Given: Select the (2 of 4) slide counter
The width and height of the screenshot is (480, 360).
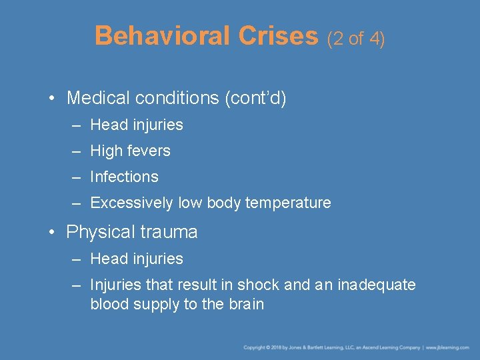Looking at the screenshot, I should (356, 39).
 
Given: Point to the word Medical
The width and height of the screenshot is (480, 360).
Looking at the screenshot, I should (99, 99).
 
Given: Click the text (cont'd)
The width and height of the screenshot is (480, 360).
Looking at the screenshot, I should (255, 99).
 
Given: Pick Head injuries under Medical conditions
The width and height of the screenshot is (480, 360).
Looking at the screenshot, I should (137, 125).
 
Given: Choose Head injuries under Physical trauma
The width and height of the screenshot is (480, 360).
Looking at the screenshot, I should (137, 259).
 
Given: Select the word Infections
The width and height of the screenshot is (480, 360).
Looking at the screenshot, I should (124, 177).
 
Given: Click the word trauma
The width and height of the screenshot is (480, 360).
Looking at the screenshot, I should (169, 232).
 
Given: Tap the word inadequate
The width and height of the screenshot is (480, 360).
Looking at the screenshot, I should (377, 285).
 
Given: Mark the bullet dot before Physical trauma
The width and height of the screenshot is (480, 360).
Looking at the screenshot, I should (51, 233).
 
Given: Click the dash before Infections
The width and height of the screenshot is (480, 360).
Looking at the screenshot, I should (77, 177).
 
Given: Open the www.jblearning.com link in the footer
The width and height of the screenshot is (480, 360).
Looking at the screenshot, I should (448, 347).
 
